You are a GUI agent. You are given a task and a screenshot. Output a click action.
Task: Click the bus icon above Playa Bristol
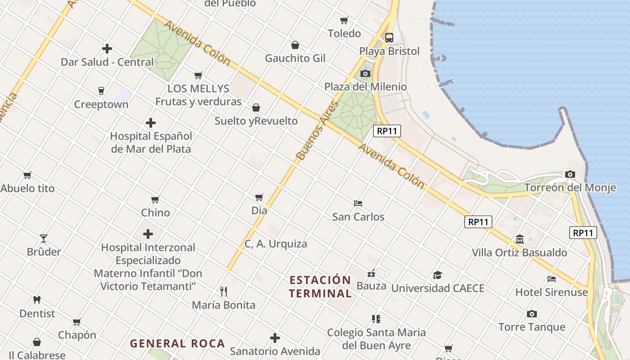pos(389,38)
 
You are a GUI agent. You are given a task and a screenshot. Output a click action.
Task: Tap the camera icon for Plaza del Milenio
pos(365,73)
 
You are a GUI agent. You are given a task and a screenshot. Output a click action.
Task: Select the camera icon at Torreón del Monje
pos(570,174)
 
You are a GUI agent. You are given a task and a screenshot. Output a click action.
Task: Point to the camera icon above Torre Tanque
pos(531,314)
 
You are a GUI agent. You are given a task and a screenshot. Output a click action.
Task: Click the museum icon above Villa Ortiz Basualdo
pos(520,239)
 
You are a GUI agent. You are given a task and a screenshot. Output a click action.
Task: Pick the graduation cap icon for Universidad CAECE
pos(437,275)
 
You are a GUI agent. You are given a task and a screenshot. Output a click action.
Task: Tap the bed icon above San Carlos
pos(358,203)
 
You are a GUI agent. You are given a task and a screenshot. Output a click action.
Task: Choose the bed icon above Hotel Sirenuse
pos(552,279)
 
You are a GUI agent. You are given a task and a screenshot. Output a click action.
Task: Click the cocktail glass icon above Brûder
pos(44,238)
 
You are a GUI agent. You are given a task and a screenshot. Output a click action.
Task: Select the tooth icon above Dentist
pos(37,300)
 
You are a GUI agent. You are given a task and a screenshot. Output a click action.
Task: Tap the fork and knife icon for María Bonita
pos(223,291)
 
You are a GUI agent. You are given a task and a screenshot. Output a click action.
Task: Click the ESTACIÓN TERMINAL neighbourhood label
pos(320,287)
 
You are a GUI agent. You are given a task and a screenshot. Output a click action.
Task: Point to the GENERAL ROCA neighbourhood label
pos(177,344)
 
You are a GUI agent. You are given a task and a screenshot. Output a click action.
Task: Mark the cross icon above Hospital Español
pos(151,123)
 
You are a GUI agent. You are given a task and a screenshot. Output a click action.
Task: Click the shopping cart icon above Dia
pos(259,197)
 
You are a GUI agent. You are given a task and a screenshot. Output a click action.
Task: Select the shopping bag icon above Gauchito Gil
pos(295,45)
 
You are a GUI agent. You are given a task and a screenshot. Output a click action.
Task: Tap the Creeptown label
pos(101,104)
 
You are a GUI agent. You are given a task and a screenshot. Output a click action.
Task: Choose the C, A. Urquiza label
pos(276,244)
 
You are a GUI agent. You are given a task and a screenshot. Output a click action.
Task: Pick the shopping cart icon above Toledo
pos(344,20)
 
